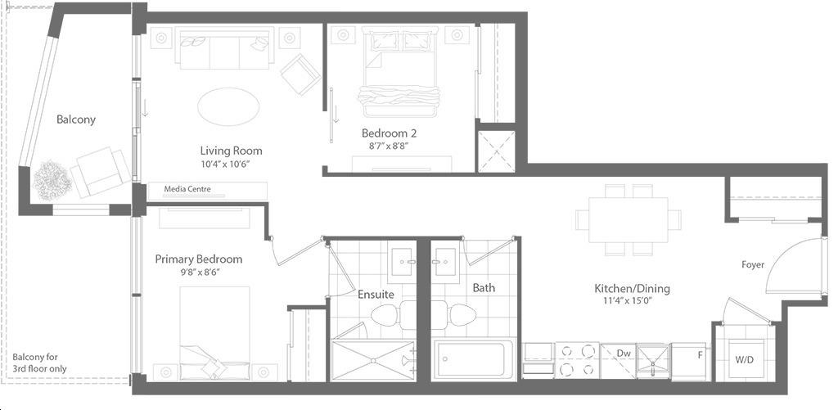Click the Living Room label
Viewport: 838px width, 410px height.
231,151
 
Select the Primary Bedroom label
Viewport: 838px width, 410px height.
198,259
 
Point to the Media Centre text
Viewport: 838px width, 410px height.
187,189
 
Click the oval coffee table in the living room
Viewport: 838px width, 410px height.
229,107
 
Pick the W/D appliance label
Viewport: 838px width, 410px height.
744,360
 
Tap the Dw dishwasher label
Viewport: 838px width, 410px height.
623,353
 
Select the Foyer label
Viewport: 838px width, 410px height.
753,264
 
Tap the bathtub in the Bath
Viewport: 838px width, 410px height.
474,360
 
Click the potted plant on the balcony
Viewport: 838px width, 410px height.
52,179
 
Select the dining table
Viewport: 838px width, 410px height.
628,219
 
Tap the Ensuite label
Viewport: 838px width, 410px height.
376,295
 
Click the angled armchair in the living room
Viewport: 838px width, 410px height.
301,74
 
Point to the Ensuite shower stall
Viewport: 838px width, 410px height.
373,360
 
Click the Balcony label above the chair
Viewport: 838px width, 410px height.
76,119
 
